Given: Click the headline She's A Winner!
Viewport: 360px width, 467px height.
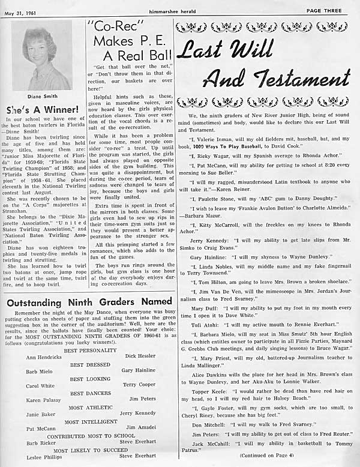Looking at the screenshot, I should pyautogui.click(x=42, y=110).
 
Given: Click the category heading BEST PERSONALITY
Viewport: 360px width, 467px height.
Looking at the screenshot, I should pyautogui.click(x=90, y=350).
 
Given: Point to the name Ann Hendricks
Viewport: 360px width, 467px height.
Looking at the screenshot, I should pyautogui.click(x=43, y=357).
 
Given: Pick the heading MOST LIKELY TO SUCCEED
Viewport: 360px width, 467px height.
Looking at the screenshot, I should pyautogui.click(x=91, y=450).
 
